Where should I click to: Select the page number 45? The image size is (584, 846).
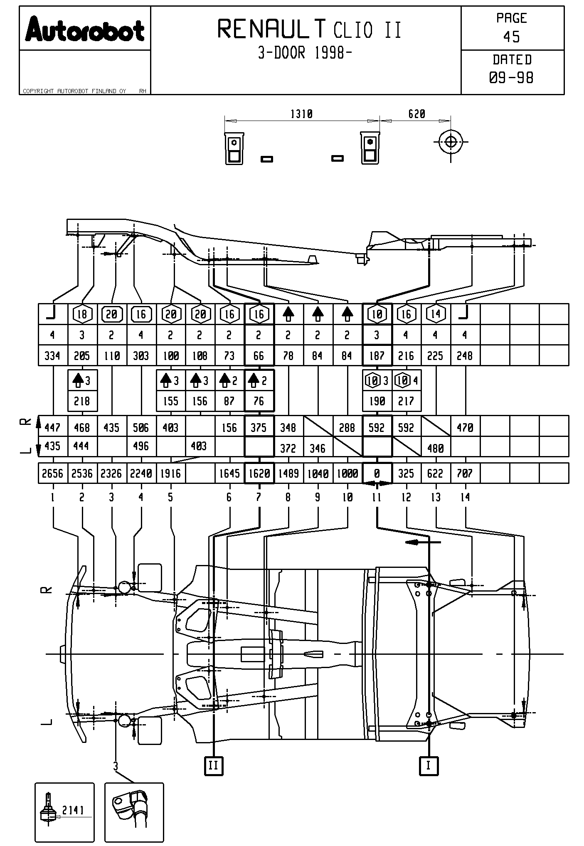(512, 37)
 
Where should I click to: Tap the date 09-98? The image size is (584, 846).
(512, 78)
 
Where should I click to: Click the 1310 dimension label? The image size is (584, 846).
(301, 114)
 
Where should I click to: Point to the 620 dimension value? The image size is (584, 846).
(416, 114)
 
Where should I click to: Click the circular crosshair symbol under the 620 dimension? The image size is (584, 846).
(451, 142)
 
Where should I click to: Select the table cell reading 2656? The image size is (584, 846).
(53, 474)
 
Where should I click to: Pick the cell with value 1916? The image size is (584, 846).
(170, 474)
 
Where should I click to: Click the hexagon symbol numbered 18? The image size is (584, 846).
(82, 314)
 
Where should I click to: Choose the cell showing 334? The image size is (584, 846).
(52, 356)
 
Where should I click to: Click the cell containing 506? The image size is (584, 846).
(141, 427)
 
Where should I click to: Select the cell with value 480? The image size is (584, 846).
(436, 448)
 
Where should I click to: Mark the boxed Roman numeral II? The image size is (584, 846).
(214, 765)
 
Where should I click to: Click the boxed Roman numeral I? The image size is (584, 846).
(429, 765)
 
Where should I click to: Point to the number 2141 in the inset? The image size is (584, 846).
(73, 810)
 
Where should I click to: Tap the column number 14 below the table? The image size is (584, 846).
(465, 497)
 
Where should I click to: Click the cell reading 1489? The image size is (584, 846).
(288, 474)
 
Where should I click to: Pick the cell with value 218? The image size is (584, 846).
(82, 401)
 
